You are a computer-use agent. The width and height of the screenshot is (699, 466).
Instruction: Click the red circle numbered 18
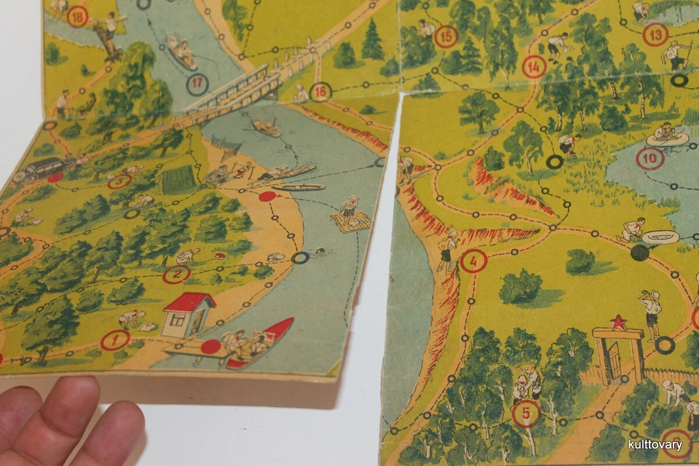click(76, 16)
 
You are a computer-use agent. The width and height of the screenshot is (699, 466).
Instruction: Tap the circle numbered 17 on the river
click(197, 84)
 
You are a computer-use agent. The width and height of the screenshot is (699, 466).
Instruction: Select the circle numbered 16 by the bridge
click(320, 92)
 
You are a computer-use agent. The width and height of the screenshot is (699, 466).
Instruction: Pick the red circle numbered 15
click(446, 36)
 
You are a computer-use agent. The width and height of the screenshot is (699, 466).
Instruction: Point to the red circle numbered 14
click(534, 67)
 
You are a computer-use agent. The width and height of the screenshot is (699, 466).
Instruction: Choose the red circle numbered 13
click(655, 34)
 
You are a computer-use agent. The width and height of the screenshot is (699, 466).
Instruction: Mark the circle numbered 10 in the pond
click(649, 158)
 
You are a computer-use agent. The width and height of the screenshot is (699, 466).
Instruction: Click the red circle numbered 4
click(473, 260)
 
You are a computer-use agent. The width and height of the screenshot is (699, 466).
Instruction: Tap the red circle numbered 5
click(526, 414)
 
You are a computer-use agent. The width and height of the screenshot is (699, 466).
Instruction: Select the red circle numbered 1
click(114, 339)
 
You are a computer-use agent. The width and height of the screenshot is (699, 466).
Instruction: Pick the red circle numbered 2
click(176, 275)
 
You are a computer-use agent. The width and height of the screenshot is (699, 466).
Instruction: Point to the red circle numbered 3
click(119, 181)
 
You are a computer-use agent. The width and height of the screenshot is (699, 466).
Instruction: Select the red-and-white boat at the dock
click(262, 342)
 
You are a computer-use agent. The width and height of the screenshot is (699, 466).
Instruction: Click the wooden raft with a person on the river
click(350, 218)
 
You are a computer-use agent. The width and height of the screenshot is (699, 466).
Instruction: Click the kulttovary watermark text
click(655, 445)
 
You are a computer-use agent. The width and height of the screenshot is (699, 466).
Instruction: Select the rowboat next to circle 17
click(181, 52)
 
